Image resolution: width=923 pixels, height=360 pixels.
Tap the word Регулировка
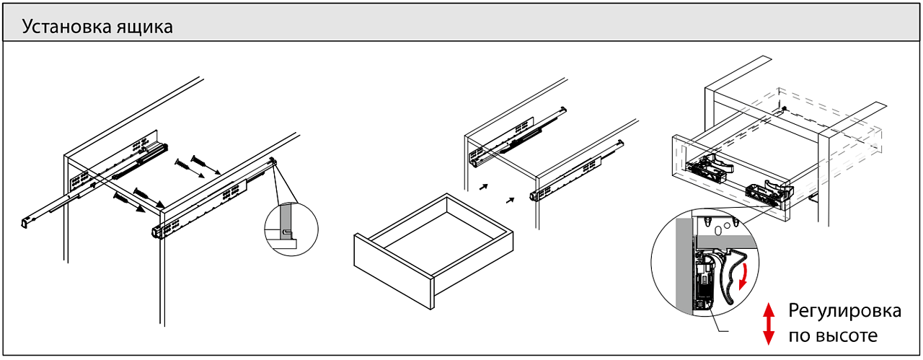click(x=844, y=312)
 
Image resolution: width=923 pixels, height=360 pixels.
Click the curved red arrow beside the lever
click(x=752, y=278)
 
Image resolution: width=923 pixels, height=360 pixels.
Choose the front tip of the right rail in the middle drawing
click(x=533, y=196)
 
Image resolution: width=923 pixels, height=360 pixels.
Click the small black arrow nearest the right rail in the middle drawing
click(x=511, y=200)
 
